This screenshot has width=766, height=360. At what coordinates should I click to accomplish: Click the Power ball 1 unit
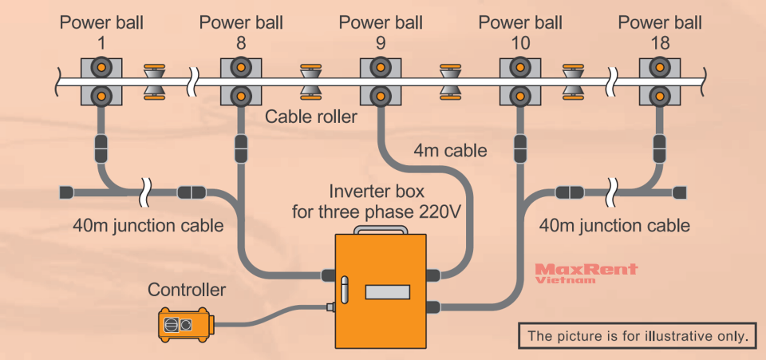tap(101, 81)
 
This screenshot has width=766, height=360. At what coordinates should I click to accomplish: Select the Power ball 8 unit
tap(240, 81)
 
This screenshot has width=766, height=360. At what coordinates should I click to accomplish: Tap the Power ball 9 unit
tap(380, 81)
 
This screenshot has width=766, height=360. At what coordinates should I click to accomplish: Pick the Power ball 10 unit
tap(519, 81)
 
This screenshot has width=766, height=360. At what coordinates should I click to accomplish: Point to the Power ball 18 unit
tap(659, 81)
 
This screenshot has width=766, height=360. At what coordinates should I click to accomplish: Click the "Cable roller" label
tap(310, 117)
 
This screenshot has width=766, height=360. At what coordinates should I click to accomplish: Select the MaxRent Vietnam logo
tap(586, 273)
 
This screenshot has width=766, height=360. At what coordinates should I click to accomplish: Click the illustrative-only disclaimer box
tap(637, 336)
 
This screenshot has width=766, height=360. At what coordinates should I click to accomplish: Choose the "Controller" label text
tap(187, 290)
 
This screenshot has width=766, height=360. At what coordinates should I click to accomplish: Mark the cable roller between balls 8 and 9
tap(311, 81)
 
